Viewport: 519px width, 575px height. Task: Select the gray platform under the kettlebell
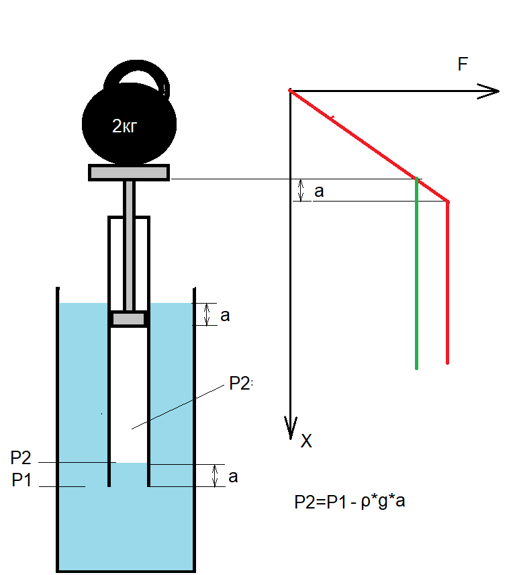point(129,173)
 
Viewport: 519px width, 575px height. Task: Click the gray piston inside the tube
point(128,319)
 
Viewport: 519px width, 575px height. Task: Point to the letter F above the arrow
point(463,64)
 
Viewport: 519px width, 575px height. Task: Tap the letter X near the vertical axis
point(306,441)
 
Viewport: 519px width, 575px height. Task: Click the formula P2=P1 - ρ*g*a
point(349,502)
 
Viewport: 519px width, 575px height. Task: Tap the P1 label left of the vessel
point(22,481)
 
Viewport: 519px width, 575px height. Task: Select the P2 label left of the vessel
point(21,459)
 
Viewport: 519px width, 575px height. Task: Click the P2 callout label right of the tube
point(240,384)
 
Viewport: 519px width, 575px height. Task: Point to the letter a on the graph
point(319,191)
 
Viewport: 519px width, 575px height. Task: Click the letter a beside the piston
point(225,316)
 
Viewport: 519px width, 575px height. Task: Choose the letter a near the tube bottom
point(232,477)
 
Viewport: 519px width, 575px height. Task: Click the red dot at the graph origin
point(290,90)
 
